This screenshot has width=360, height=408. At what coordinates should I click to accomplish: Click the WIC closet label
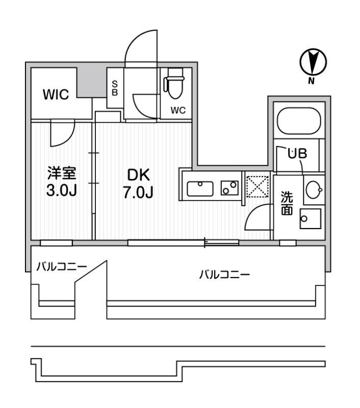coord(56,95)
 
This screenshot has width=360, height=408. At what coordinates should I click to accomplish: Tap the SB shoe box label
coord(115,88)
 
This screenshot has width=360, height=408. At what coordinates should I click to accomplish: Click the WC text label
coord(177,110)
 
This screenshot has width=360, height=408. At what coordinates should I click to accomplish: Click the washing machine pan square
coord(310,220)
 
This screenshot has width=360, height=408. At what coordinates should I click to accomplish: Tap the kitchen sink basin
coord(201,189)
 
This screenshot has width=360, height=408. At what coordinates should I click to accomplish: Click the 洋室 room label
coord(62,173)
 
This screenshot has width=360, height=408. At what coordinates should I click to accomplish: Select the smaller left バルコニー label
coord(61,266)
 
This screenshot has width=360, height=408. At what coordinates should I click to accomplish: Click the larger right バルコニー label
coord(224,275)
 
